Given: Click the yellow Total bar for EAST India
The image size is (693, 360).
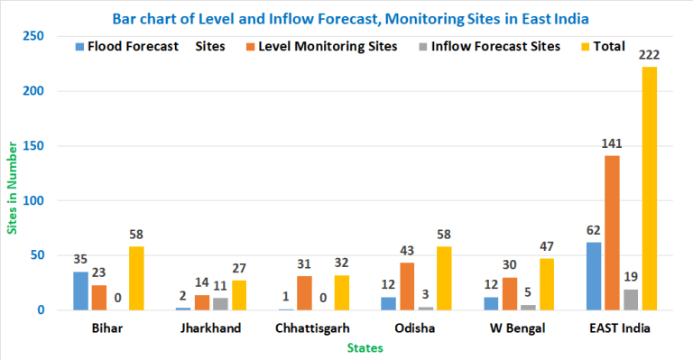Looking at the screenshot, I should (x=650, y=189).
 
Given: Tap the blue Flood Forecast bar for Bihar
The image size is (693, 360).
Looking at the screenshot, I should (x=81, y=291).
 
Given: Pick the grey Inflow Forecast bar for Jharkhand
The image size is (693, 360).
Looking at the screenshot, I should (x=220, y=304).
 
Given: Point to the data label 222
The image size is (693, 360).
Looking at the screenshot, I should (x=650, y=56).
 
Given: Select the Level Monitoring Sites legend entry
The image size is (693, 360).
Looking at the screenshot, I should (x=323, y=46).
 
